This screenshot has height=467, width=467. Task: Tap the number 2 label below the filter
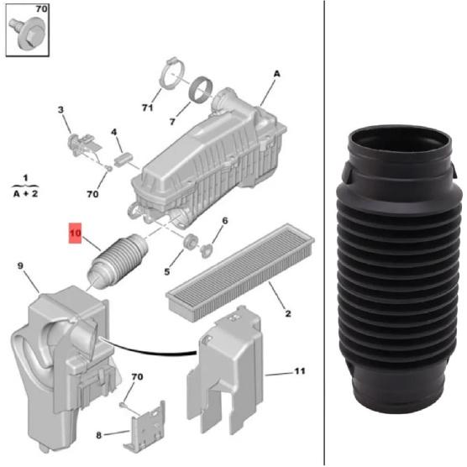287,314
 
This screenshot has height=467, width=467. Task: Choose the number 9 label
21,267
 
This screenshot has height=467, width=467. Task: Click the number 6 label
224,222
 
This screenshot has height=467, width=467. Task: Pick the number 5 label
166,270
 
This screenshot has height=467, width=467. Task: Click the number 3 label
60,110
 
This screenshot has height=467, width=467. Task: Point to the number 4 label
115,132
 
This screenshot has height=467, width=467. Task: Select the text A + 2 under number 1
26,192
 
